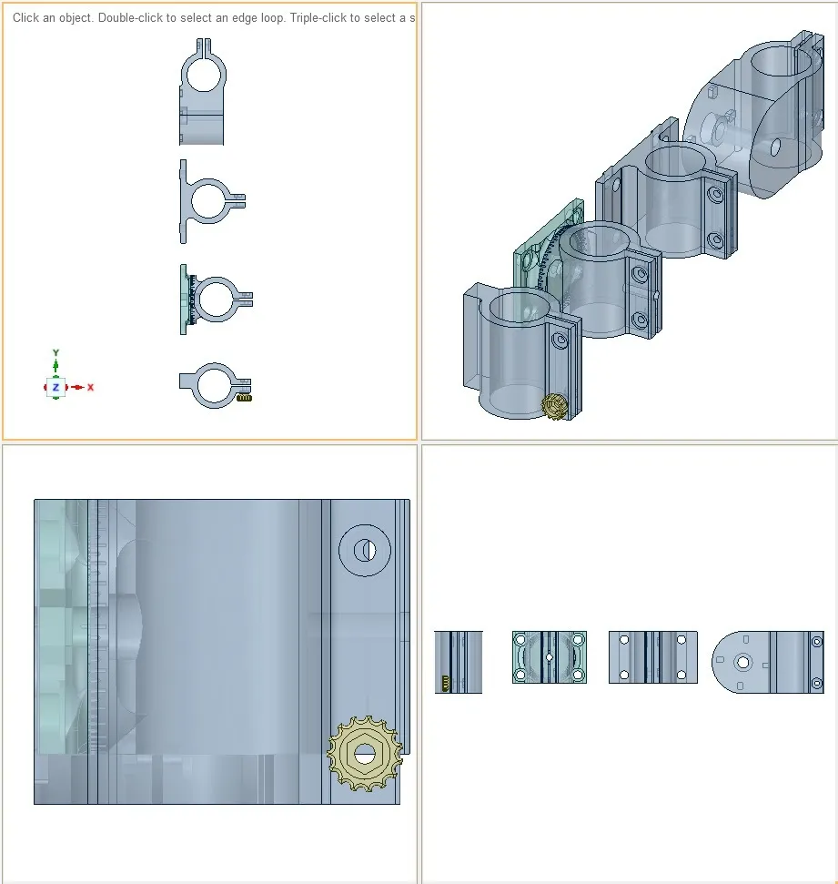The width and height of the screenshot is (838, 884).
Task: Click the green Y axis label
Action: coord(56,353)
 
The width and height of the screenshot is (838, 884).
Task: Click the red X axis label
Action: coord(90,387)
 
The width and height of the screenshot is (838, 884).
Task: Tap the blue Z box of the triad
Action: coord(56,387)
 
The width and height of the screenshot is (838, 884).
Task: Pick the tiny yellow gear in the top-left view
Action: coord(244,398)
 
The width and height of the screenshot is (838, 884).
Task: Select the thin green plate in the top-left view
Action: coord(184,300)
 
